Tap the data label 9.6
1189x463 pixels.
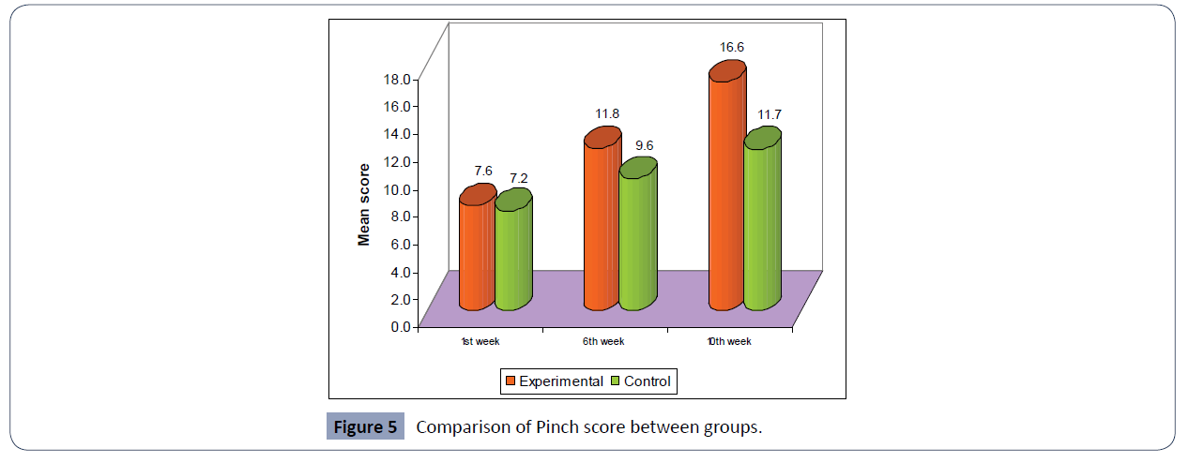click(x=645, y=145)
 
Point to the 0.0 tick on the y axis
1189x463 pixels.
click(x=400, y=326)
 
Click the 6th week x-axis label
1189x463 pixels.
click(x=602, y=342)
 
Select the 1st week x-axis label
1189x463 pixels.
click(x=480, y=342)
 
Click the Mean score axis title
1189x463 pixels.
click(x=364, y=204)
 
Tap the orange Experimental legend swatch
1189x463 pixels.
click(x=511, y=381)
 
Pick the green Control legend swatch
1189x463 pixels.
click(x=617, y=381)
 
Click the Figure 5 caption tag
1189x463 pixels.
click(x=366, y=427)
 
